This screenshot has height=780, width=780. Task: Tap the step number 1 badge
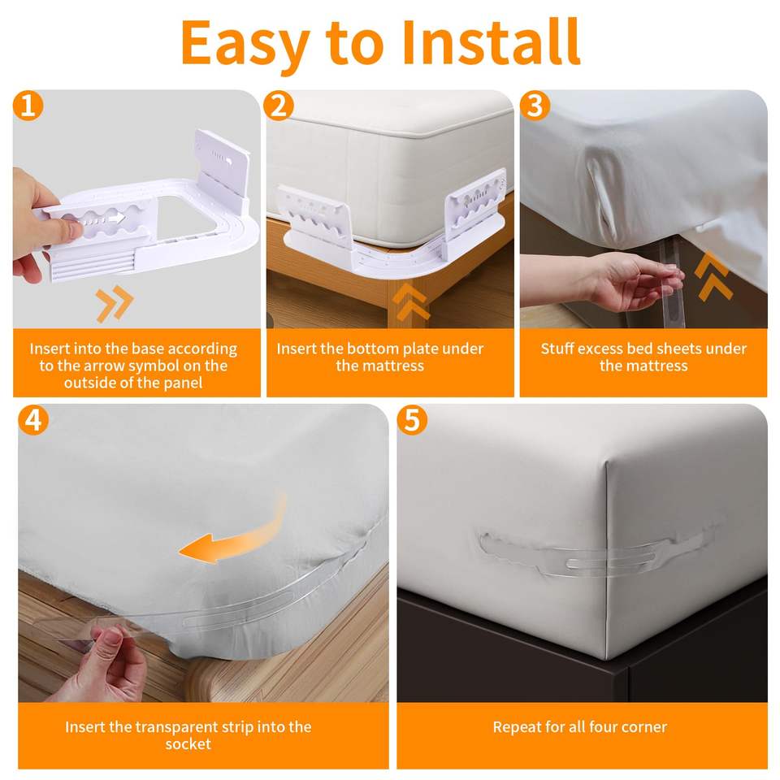pyautogui.click(x=28, y=106)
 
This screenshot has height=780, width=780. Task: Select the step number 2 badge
pyautogui.click(x=278, y=106)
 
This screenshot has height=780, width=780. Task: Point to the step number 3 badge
pyautogui.click(x=535, y=106)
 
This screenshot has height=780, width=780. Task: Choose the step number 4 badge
pyautogui.click(x=33, y=420)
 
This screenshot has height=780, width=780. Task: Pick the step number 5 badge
pyautogui.click(x=413, y=420)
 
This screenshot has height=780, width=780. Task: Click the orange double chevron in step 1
pyautogui.click(x=115, y=303)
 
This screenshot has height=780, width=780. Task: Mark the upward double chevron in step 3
pyautogui.click(x=713, y=276)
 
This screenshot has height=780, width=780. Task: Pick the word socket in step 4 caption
pyautogui.click(x=188, y=744)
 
